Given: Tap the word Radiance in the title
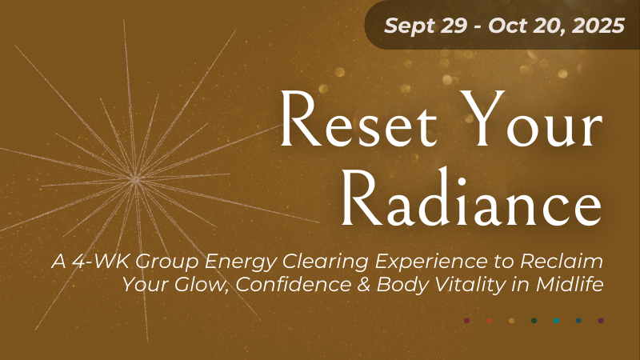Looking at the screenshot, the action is (471, 198).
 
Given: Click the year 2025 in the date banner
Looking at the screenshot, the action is (598, 26).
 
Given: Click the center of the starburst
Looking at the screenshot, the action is (135, 178).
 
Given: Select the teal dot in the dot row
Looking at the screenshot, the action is (556, 321).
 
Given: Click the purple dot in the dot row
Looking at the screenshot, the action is (601, 321).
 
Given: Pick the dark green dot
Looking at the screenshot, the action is (534, 321).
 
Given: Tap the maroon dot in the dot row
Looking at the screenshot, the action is (466, 321).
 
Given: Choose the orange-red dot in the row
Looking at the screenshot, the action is (489, 321).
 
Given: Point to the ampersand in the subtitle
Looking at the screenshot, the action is (363, 285).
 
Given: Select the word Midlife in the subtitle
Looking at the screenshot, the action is (570, 285).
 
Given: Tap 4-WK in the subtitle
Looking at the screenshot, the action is (102, 262).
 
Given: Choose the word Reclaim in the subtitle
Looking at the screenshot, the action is (562, 262).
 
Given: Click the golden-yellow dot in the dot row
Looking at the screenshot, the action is (511, 321).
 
